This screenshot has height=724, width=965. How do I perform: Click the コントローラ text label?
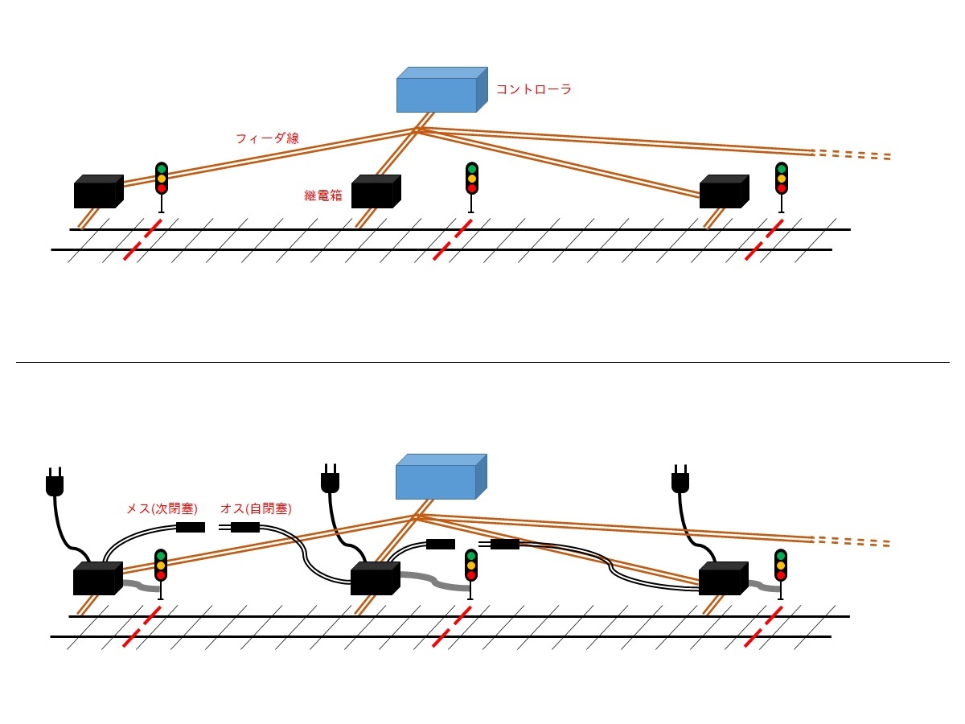coord(533,89)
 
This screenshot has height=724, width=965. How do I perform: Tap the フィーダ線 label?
coord(267,138)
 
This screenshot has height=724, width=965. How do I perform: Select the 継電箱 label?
coord(323,195)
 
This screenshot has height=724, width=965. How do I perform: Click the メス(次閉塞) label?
coord(162,508)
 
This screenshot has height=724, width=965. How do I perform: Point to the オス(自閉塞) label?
coord(256,508)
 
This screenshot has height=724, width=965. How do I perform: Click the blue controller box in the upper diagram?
coord(441,90)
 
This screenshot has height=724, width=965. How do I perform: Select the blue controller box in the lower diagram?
coord(441,477)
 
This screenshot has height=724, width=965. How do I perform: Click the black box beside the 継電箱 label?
coord(375,192)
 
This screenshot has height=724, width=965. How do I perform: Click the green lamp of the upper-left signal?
coord(161,169)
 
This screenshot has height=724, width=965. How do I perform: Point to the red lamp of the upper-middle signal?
coord(471,188)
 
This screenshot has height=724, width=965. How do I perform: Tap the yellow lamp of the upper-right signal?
coord(781,179)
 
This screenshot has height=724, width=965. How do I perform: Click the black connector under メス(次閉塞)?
coord(191,528)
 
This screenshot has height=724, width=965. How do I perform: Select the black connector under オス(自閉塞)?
coord(244,528)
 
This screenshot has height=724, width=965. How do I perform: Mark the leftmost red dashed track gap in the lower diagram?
coord(142,627)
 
